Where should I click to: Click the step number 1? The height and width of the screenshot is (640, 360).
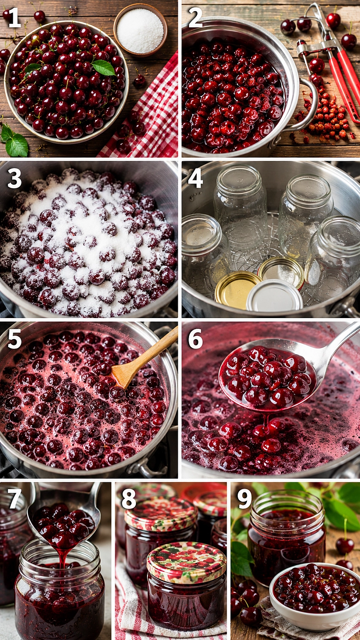(x=15, y=18)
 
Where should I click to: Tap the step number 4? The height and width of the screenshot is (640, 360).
(x=195, y=179)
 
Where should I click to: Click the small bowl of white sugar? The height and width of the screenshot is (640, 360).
(x=140, y=30)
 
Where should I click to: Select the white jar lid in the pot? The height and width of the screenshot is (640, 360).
(x=275, y=296)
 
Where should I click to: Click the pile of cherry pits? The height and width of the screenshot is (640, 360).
(x=324, y=120)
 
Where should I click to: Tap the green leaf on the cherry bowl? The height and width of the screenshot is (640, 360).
(x=103, y=67)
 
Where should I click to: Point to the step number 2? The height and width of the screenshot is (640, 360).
(x=195, y=18)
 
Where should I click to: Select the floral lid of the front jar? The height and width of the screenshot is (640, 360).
(x=186, y=563)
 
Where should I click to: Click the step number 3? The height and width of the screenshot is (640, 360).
(x=15, y=179)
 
